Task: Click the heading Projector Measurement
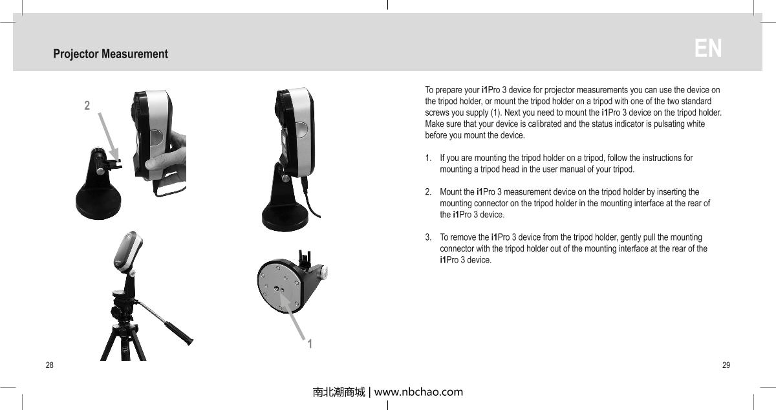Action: [111, 54]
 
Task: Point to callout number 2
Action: [87, 105]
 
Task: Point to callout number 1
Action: [310, 343]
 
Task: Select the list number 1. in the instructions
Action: [429, 158]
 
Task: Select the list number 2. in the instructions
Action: [429, 192]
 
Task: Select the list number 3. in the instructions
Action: [429, 237]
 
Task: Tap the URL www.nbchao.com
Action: [419, 392]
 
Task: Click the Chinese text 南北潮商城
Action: [338, 392]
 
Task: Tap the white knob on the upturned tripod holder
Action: [330, 274]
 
